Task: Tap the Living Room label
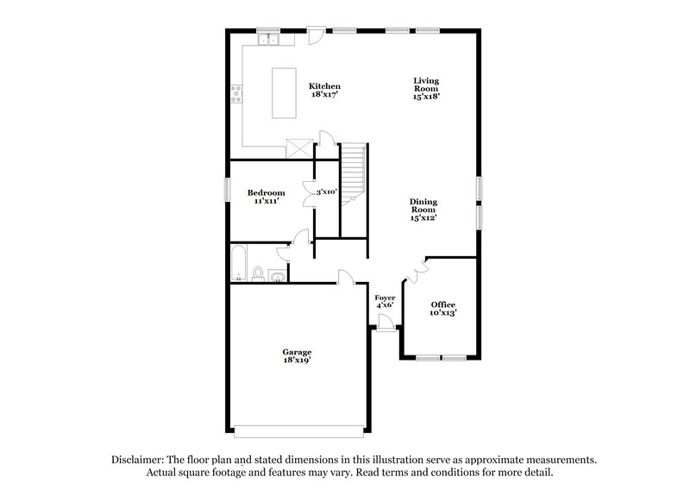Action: [x=427, y=86]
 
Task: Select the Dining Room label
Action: [x=423, y=210]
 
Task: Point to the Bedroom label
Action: [x=267, y=196]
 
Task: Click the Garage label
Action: [x=297, y=356]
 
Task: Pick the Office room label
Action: [x=443, y=309]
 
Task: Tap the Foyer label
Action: [x=385, y=301]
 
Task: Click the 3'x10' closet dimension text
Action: [x=326, y=192]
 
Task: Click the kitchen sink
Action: [x=271, y=39]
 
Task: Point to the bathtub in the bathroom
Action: [x=239, y=262]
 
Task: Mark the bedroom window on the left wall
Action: [x=227, y=189]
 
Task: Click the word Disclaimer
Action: [x=141, y=461]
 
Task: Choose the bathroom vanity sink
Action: [x=276, y=276]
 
